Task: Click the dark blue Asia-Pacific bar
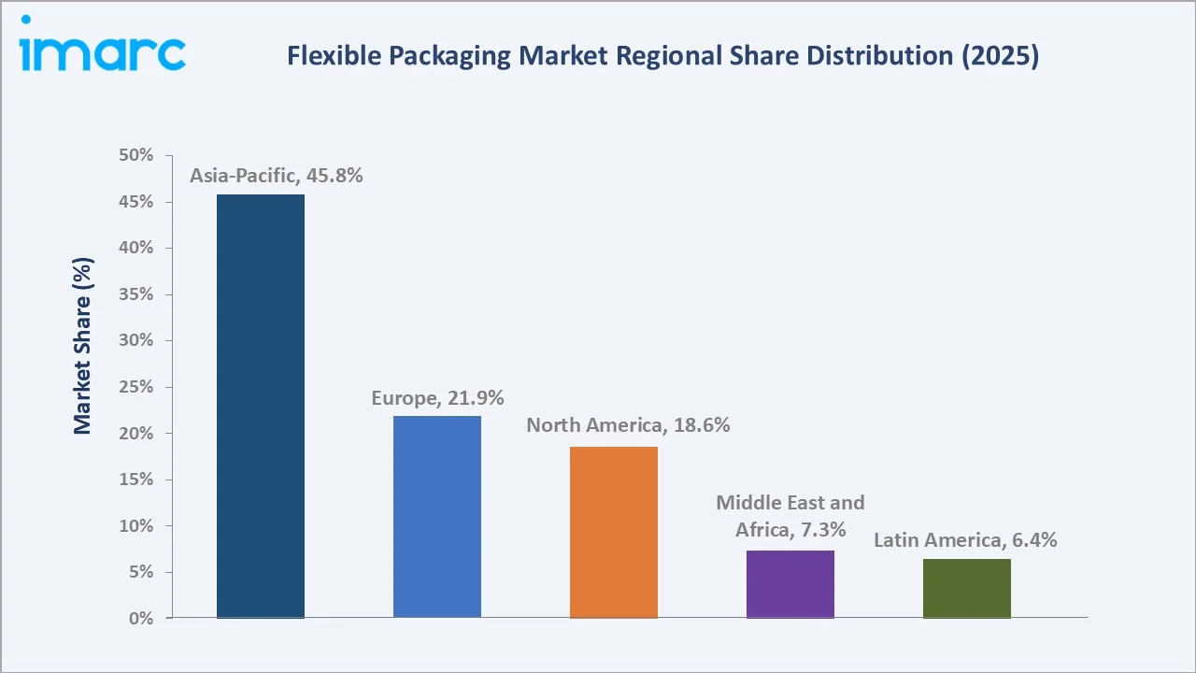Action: coord(261,406)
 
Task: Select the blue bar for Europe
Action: coord(437,517)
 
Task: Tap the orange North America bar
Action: coord(614,532)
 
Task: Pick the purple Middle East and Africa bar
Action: coord(790,584)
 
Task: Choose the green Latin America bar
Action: coord(967,588)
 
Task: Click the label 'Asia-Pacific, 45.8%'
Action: coord(277,176)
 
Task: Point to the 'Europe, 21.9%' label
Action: coord(437,398)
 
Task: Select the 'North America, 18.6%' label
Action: coord(628,425)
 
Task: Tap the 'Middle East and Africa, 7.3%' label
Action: coord(790,516)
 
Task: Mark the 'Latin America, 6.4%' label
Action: coord(965,540)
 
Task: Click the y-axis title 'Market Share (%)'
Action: coord(82,346)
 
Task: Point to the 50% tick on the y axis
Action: coord(136,156)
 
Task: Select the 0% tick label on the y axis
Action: coord(141,619)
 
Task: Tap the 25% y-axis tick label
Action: coord(136,387)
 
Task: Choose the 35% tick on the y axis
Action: coord(136,294)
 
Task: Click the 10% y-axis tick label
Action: coord(136,526)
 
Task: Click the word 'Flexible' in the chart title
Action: coord(326,56)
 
